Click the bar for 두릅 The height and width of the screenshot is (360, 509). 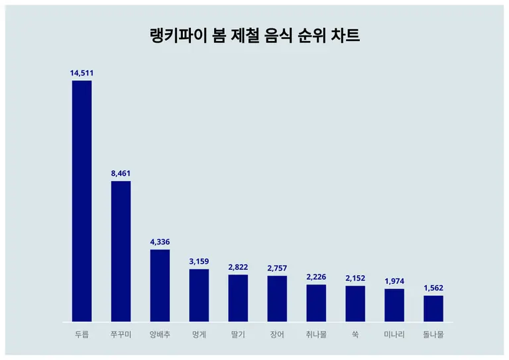coord(82,201)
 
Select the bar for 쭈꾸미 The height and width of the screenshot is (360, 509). coord(121,251)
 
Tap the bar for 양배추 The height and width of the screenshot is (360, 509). coord(160,286)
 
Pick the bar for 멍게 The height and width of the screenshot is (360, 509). coord(199,295)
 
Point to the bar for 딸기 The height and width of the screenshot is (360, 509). coord(238,298)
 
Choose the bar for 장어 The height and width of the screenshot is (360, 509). coord(277,299)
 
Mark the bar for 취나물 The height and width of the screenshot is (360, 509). coord(316,303)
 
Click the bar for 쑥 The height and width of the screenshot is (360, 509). coord(355,304)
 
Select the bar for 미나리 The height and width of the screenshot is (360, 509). coord(394,305)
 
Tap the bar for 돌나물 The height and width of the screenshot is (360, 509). coord(433,308)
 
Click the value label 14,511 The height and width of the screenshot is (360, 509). coord(82,72)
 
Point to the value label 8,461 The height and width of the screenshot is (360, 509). coord(121,173)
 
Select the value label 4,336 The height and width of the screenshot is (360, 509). coord(160,241)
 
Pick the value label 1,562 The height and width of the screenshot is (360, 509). coord(433,288)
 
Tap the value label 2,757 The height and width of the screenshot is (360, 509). coord(277,268)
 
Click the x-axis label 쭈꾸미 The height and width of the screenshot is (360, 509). coord(121,335)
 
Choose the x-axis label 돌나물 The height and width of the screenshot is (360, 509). coord(433,335)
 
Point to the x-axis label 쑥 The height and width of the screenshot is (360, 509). coord(355,335)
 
